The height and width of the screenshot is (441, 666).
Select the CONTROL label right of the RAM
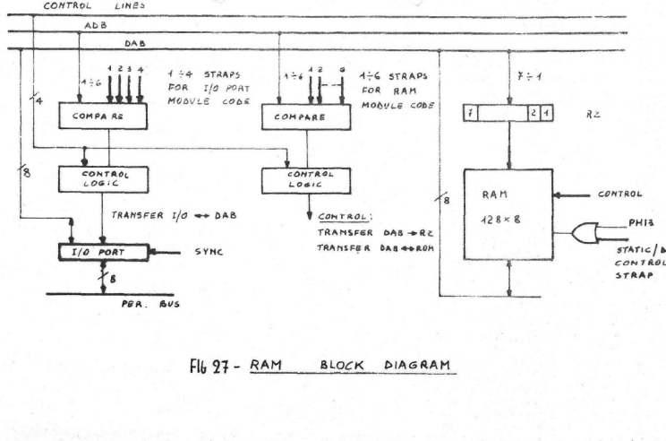tap(622, 193)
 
